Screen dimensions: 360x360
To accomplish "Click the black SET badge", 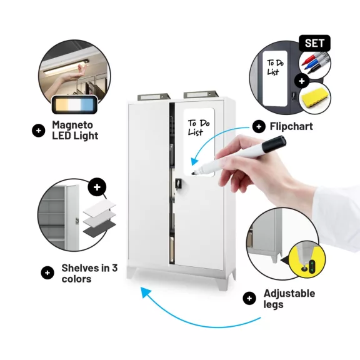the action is [x=314, y=43].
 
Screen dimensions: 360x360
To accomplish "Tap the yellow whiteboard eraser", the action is [x=314, y=97].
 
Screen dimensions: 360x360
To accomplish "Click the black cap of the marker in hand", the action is [x=274, y=144].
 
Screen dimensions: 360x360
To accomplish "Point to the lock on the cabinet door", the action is [x=178, y=183].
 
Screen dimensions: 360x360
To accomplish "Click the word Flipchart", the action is [x=291, y=126].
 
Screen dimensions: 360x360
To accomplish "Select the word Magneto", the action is [x=72, y=125].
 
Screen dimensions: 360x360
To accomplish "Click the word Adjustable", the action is [x=289, y=293].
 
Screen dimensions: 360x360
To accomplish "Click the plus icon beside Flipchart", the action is [x=259, y=126].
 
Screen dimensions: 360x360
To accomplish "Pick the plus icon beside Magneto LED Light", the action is [x=38, y=131].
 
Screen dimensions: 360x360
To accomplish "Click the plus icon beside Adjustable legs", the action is [x=249, y=298].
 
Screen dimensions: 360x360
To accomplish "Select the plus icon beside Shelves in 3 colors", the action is [x=47, y=272].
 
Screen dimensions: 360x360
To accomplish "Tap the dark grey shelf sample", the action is [x=99, y=228].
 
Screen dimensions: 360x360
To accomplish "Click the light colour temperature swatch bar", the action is [x=74, y=105].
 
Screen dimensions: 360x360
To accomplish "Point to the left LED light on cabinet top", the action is [x=154, y=97].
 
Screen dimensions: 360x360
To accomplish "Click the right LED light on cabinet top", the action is [x=200, y=94].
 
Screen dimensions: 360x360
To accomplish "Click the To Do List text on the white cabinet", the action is [x=199, y=127].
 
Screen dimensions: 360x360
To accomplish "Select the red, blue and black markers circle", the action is [x=315, y=64].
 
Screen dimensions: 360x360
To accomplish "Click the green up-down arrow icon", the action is [x=312, y=266].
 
